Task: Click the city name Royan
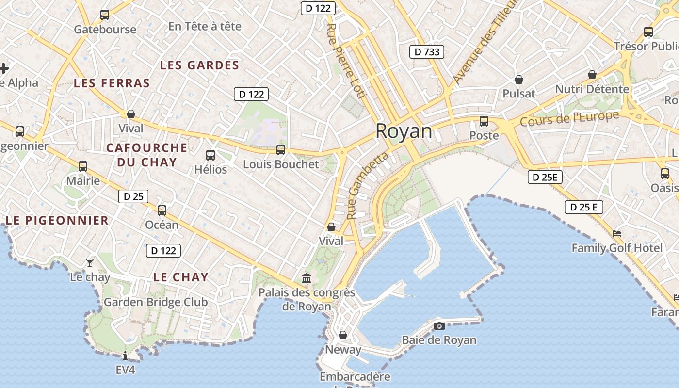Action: (404, 131)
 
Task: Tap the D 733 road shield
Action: (427, 51)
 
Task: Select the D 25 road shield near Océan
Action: (133, 196)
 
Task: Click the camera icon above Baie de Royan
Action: (439, 326)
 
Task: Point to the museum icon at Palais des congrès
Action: (307, 278)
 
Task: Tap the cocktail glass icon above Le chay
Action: (90, 263)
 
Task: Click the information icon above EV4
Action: (125, 356)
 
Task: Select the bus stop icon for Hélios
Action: (210, 155)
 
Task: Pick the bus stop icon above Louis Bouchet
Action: (281, 150)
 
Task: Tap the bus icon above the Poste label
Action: (484, 121)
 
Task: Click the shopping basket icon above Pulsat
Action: (519, 80)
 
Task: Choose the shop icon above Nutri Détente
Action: (592, 75)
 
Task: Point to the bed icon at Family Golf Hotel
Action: (617, 234)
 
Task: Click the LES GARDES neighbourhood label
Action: (199, 65)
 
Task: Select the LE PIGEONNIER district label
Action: (57, 221)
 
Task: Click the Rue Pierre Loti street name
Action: (345, 61)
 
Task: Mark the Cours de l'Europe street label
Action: (569, 119)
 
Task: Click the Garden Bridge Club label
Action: (156, 302)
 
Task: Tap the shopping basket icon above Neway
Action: (343, 335)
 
